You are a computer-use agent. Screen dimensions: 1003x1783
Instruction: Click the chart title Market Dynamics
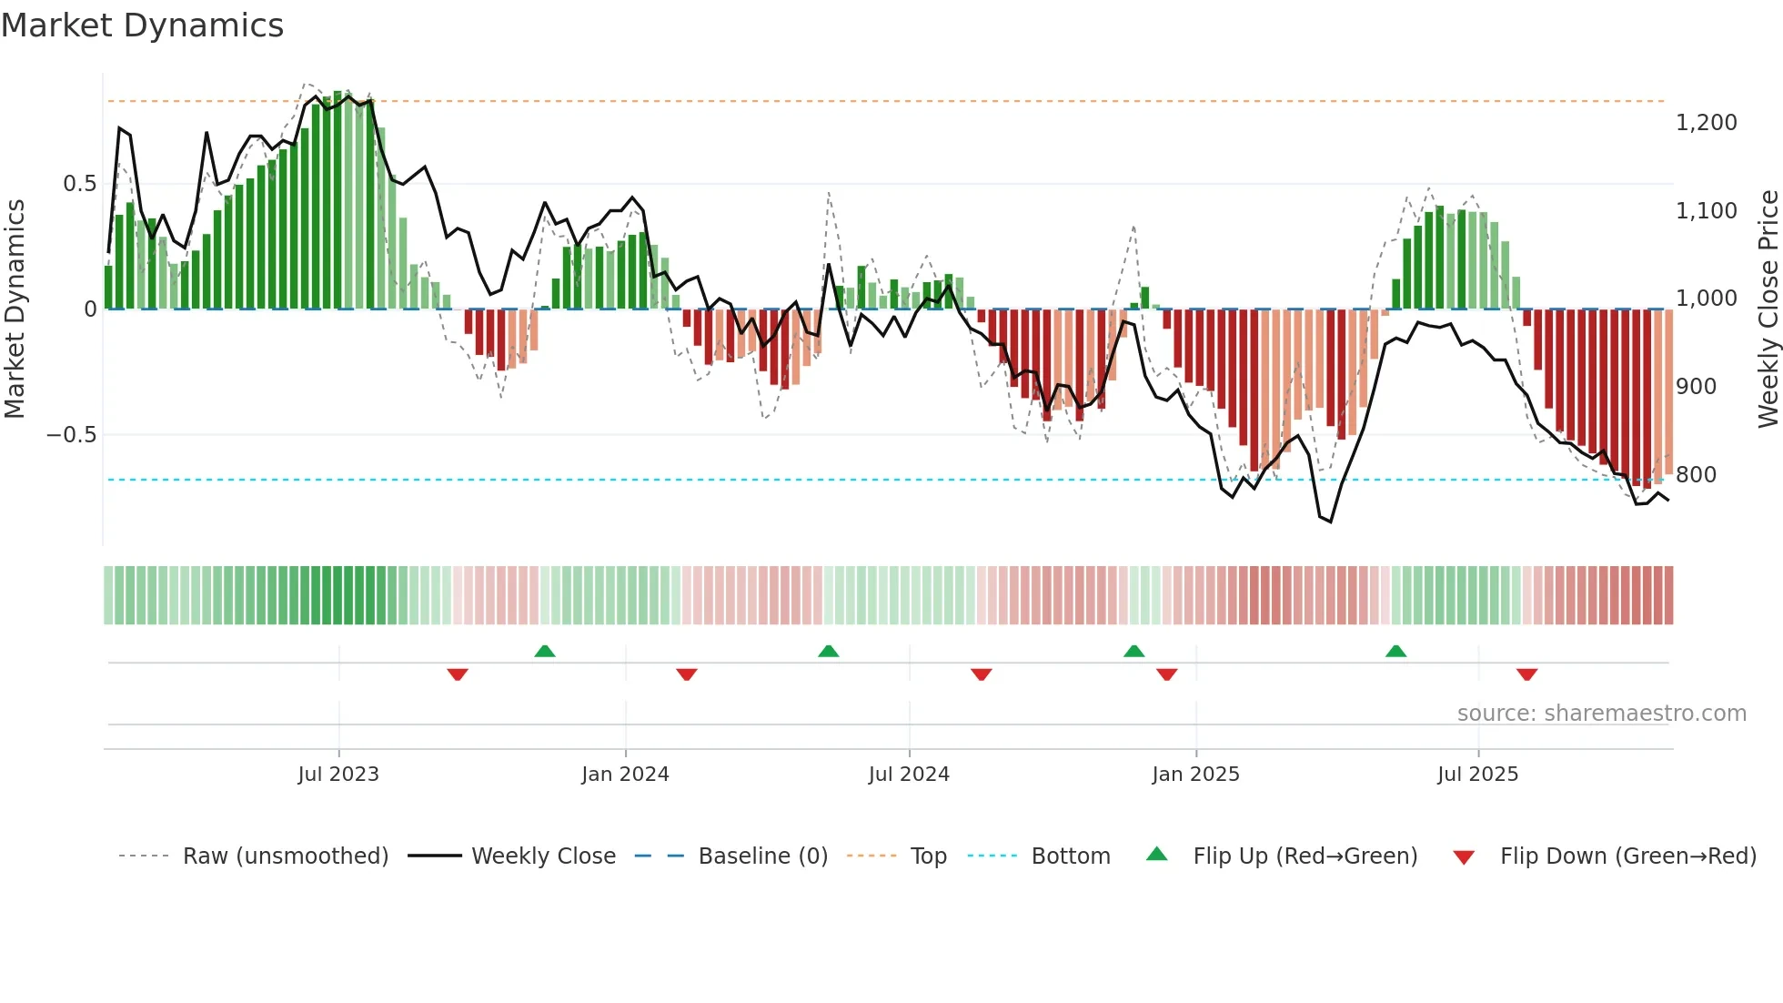click(x=142, y=25)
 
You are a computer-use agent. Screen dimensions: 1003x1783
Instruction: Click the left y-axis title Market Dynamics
click(x=15, y=309)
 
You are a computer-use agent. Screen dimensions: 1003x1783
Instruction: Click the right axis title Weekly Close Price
click(x=1768, y=309)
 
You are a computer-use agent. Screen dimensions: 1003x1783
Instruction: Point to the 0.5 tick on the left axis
click(x=79, y=184)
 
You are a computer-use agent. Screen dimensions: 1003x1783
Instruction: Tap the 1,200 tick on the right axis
click(x=1706, y=123)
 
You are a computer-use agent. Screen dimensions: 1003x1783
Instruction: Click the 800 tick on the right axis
click(x=1696, y=475)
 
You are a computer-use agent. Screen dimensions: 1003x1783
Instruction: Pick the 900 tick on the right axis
click(x=1696, y=387)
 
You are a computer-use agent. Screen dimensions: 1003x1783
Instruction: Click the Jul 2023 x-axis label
click(x=338, y=775)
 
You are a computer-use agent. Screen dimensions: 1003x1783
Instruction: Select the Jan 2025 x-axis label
click(x=1195, y=775)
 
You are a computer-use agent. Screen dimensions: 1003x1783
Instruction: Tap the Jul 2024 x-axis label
click(x=909, y=775)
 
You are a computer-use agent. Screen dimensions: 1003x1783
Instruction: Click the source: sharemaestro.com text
click(x=1601, y=714)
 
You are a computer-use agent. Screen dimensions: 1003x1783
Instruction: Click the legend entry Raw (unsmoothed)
click(x=285, y=856)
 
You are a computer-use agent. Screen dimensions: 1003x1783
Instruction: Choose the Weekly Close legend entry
click(x=543, y=856)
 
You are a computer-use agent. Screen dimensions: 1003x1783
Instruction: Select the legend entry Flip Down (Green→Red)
click(x=1627, y=856)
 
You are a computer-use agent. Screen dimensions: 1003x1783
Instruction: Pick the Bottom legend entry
click(x=1070, y=856)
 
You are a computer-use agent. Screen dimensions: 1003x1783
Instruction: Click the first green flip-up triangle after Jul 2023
click(x=545, y=652)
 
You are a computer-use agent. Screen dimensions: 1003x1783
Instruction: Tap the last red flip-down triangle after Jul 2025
click(x=1526, y=674)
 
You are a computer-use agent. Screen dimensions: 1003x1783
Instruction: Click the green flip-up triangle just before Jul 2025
click(x=1395, y=652)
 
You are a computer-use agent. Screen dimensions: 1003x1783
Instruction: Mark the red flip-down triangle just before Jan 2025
click(x=1166, y=674)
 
